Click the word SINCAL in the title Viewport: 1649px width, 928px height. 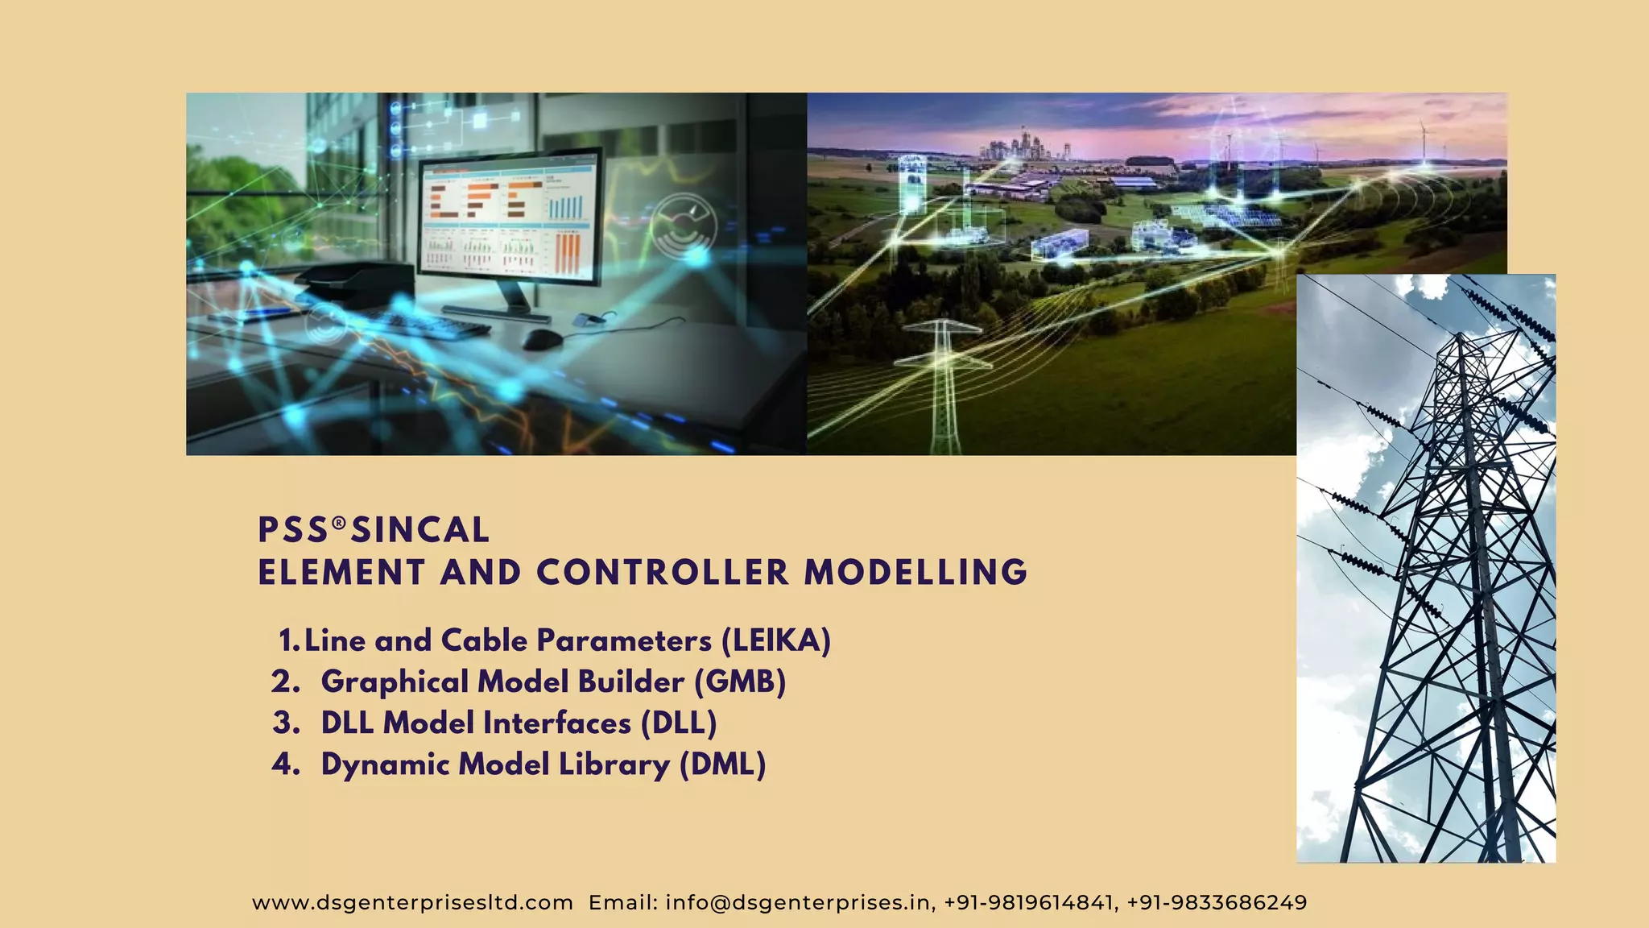click(x=420, y=531)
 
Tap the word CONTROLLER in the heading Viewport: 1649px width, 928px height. click(x=663, y=574)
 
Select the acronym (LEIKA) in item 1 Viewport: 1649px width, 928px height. click(x=776, y=641)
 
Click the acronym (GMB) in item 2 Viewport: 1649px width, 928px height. click(x=740, y=682)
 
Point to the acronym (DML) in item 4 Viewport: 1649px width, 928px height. click(x=722, y=764)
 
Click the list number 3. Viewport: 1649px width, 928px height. click(x=286, y=723)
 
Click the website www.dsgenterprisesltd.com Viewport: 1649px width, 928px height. click(x=412, y=903)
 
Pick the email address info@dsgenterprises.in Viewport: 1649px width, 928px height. click(x=798, y=903)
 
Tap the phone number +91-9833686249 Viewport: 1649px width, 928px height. click(x=1217, y=903)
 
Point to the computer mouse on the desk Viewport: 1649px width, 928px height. click(x=542, y=339)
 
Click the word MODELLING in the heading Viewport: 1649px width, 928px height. click(x=915, y=574)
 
